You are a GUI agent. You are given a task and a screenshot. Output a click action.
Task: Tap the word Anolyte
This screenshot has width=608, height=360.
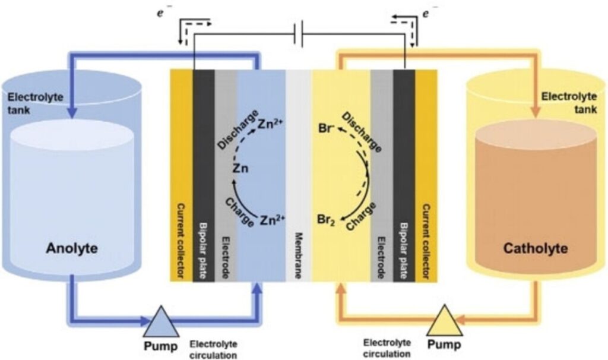pyautogui.click(x=72, y=248)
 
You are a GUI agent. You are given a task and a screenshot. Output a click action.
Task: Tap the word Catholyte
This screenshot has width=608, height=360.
pyautogui.click(x=536, y=248)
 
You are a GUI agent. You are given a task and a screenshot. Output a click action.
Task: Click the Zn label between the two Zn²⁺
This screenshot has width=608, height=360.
pyautogui.click(x=240, y=169)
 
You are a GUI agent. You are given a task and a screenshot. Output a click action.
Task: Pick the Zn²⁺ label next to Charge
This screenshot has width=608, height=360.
pyautogui.click(x=273, y=220)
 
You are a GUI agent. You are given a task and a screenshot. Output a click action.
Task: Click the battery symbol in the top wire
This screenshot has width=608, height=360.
pyautogui.click(x=299, y=36)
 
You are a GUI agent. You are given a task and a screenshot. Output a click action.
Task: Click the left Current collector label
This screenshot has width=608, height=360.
pyautogui.click(x=181, y=241)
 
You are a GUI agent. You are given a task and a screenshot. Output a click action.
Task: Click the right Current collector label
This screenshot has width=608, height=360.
pyautogui.click(x=426, y=241)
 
